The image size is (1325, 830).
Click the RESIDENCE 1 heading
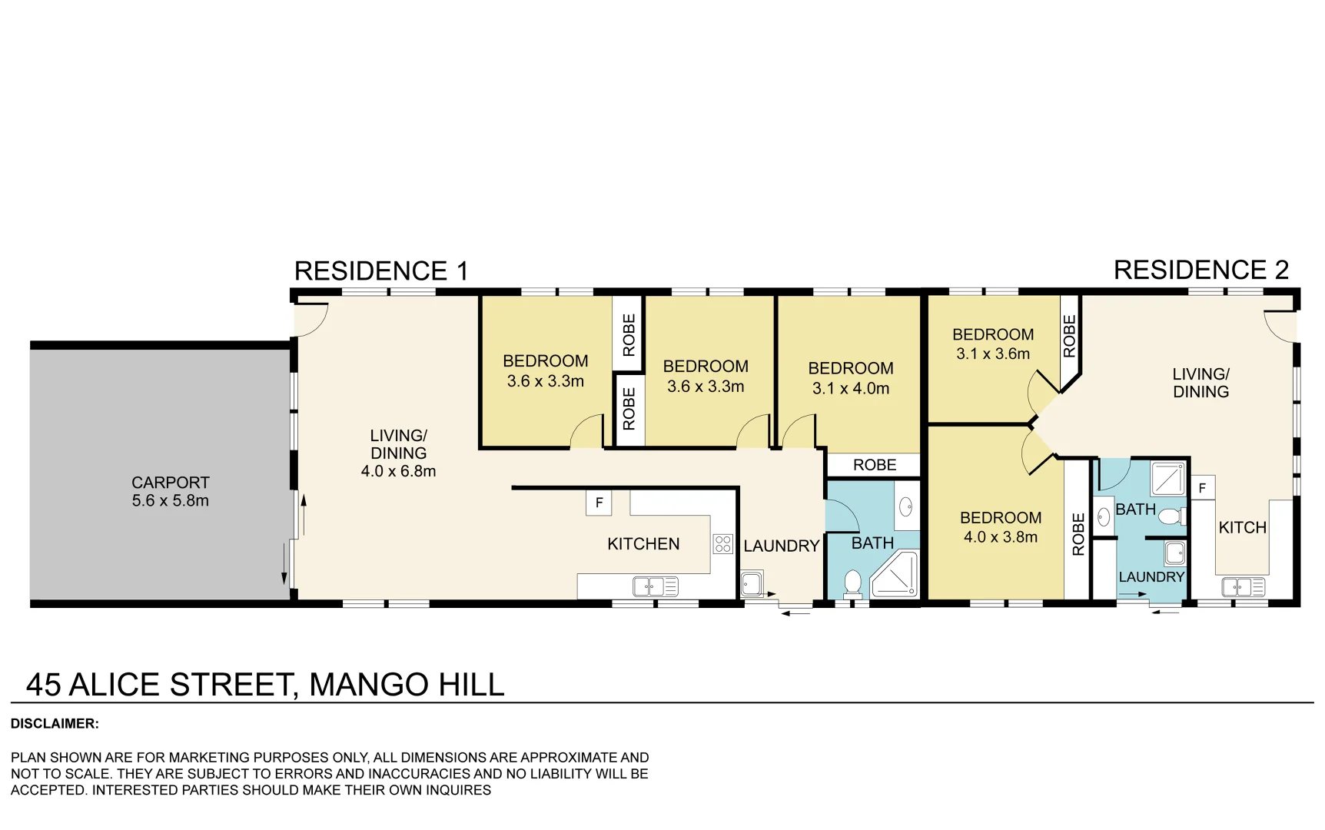(x=380, y=271)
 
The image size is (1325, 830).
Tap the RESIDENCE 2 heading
(x=1200, y=271)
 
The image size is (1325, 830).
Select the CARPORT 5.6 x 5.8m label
(x=170, y=492)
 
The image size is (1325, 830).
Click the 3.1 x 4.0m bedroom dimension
(x=850, y=389)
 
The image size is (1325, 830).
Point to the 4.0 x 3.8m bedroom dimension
(x=1000, y=537)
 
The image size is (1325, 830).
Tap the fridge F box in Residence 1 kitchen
(x=599, y=503)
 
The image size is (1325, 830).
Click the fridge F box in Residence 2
(x=1202, y=488)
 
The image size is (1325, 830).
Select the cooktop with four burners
(x=722, y=544)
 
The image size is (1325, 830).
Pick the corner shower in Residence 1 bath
(x=896, y=575)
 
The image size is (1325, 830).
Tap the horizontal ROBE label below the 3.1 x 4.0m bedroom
(x=874, y=465)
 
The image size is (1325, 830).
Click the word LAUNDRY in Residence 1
(x=781, y=546)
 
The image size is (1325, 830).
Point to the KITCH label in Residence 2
(x=1242, y=528)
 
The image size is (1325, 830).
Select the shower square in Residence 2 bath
(x=1168, y=479)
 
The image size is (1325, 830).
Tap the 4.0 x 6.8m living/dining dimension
(x=398, y=471)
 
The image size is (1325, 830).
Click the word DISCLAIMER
(x=55, y=724)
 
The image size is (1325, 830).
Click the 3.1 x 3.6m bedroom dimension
(x=992, y=354)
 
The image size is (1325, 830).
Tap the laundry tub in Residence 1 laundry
(x=751, y=584)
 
